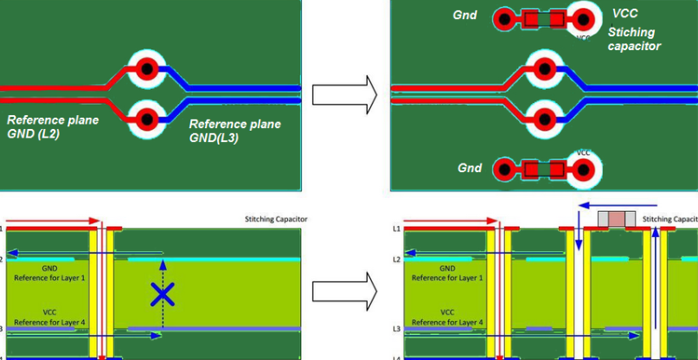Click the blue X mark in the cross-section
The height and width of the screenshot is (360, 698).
pyautogui.click(x=162, y=294)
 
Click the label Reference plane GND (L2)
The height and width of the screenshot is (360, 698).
pyautogui.click(x=53, y=126)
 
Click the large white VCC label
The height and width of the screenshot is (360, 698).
pyautogui.click(x=625, y=14)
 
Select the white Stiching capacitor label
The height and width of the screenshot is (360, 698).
pyautogui.click(x=633, y=39)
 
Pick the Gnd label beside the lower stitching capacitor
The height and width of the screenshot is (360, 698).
pyautogui.click(x=470, y=168)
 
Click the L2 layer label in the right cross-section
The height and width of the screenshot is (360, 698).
pyautogui.click(x=397, y=260)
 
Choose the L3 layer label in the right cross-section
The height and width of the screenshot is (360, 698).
pyautogui.click(x=397, y=330)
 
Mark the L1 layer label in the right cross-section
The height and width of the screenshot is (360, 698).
pyautogui.click(x=397, y=228)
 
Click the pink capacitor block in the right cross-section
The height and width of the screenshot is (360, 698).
pyautogui.click(x=617, y=220)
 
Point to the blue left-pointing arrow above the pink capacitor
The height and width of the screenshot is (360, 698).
pyautogui.click(x=610, y=206)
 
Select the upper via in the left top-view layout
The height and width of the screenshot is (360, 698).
pyautogui.click(x=147, y=68)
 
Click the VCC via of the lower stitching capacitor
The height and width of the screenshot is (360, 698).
pyautogui.click(x=584, y=170)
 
